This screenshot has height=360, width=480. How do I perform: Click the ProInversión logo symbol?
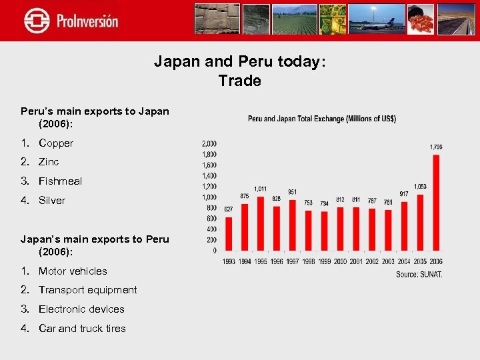[x=37, y=20]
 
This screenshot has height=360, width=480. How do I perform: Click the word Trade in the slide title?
[x=239, y=81]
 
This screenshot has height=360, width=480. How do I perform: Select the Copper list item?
[x=56, y=143]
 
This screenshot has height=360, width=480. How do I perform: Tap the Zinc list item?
[x=49, y=162]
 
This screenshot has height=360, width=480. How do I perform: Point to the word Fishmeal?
[x=60, y=181]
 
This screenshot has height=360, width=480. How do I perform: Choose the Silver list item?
[x=52, y=201]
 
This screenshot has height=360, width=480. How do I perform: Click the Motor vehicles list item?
[x=73, y=271]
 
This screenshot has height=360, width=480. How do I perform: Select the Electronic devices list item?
[x=81, y=309]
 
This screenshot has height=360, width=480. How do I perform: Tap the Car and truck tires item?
[x=82, y=329]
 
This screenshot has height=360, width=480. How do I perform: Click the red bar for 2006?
[x=436, y=203]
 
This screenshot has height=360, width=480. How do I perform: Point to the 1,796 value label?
[x=436, y=147]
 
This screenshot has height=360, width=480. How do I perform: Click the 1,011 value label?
[x=261, y=189]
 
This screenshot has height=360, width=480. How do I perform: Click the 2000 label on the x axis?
[x=340, y=261]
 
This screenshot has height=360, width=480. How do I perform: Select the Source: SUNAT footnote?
[x=419, y=274]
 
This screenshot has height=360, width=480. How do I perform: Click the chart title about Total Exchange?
[x=322, y=119]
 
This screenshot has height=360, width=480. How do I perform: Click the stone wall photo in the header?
[x=217, y=19]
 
